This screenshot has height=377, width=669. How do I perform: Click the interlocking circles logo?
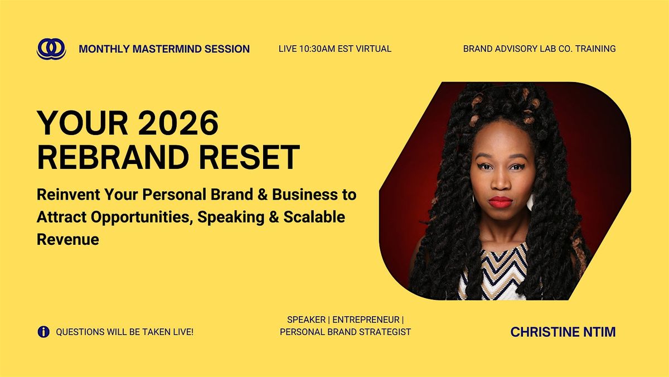(x=51, y=49)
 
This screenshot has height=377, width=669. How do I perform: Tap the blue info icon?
(x=43, y=332)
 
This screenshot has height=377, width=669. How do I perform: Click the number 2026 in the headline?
(x=178, y=123)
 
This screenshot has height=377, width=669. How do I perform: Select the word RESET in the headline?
(x=249, y=157)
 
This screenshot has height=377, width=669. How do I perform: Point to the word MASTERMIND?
(x=167, y=49)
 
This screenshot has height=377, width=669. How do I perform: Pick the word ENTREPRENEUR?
(x=366, y=320)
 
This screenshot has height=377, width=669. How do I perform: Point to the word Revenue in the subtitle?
(x=68, y=240)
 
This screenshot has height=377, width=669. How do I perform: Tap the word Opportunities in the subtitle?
(x=140, y=217)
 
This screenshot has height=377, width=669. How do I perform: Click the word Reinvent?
(x=69, y=195)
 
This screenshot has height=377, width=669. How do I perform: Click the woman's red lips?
(x=501, y=202)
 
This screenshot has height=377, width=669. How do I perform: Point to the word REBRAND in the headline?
(x=113, y=157)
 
